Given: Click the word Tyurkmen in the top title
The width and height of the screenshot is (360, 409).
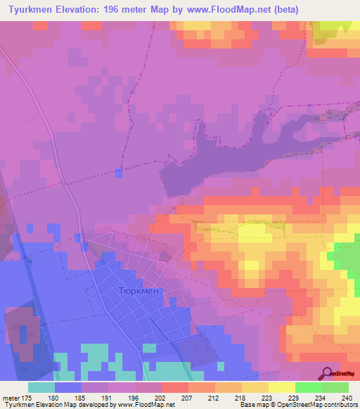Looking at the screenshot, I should coord(29,10).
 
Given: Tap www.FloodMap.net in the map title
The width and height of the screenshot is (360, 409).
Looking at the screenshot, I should coord(219,10).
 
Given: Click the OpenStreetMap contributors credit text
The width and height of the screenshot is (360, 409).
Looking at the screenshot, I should coord(323,405).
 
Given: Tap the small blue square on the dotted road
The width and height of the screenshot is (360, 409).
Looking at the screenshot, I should coord(118,172).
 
